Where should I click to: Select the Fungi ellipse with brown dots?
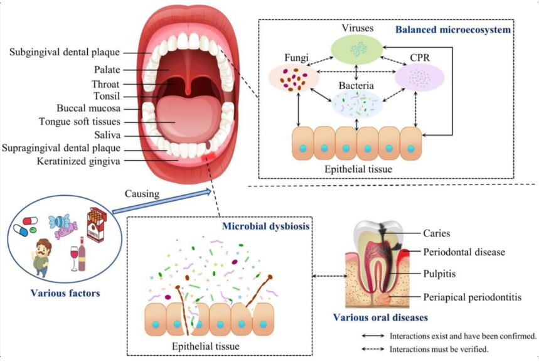[291, 78]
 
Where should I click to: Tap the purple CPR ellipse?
[419, 77]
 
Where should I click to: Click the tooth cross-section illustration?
[376, 264]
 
